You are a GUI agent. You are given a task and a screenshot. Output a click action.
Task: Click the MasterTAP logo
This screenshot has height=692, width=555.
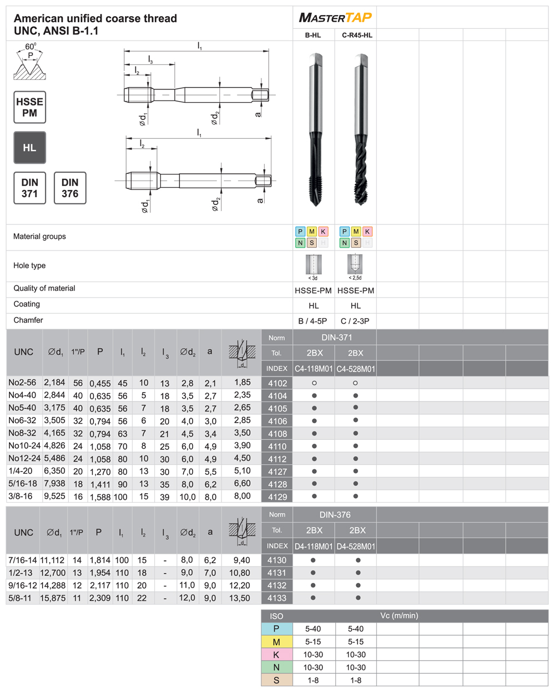point(335,18)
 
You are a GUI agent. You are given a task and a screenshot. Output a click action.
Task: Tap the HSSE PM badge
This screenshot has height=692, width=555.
point(29,107)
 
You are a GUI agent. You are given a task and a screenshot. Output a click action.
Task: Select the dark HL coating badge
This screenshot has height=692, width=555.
point(29,148)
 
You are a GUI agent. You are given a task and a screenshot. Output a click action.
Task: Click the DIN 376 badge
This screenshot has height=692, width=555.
point(70,188)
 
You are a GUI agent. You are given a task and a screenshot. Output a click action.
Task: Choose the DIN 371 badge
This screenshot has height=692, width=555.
point(29,188)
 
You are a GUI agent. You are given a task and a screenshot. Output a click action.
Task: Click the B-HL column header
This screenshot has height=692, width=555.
point(313,35)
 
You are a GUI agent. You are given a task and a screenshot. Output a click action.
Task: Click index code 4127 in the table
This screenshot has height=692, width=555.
point(277,472)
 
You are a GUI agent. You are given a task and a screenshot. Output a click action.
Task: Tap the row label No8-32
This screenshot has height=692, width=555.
point(22,433)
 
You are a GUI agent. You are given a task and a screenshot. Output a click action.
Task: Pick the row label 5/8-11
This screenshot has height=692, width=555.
point(21,598)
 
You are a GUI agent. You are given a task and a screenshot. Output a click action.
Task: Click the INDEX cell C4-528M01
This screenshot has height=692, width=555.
point(356,369)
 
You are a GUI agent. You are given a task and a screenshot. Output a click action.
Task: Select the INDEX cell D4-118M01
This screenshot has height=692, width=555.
point(314,546)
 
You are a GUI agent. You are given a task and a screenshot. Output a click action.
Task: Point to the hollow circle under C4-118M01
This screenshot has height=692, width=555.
point(314,383)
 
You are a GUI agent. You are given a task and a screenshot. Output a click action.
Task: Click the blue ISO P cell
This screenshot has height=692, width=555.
point(276,629)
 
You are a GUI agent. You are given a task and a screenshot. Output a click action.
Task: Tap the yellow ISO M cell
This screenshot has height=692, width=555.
point(276,641)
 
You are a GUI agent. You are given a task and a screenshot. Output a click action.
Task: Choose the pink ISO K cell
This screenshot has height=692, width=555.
point(276,654)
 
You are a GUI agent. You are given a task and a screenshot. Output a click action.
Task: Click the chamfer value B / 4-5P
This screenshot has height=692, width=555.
point(313,321)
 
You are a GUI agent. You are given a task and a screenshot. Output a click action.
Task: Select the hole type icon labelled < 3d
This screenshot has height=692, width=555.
point(313,266)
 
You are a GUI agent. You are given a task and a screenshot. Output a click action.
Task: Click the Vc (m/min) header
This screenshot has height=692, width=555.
point(399,615)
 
